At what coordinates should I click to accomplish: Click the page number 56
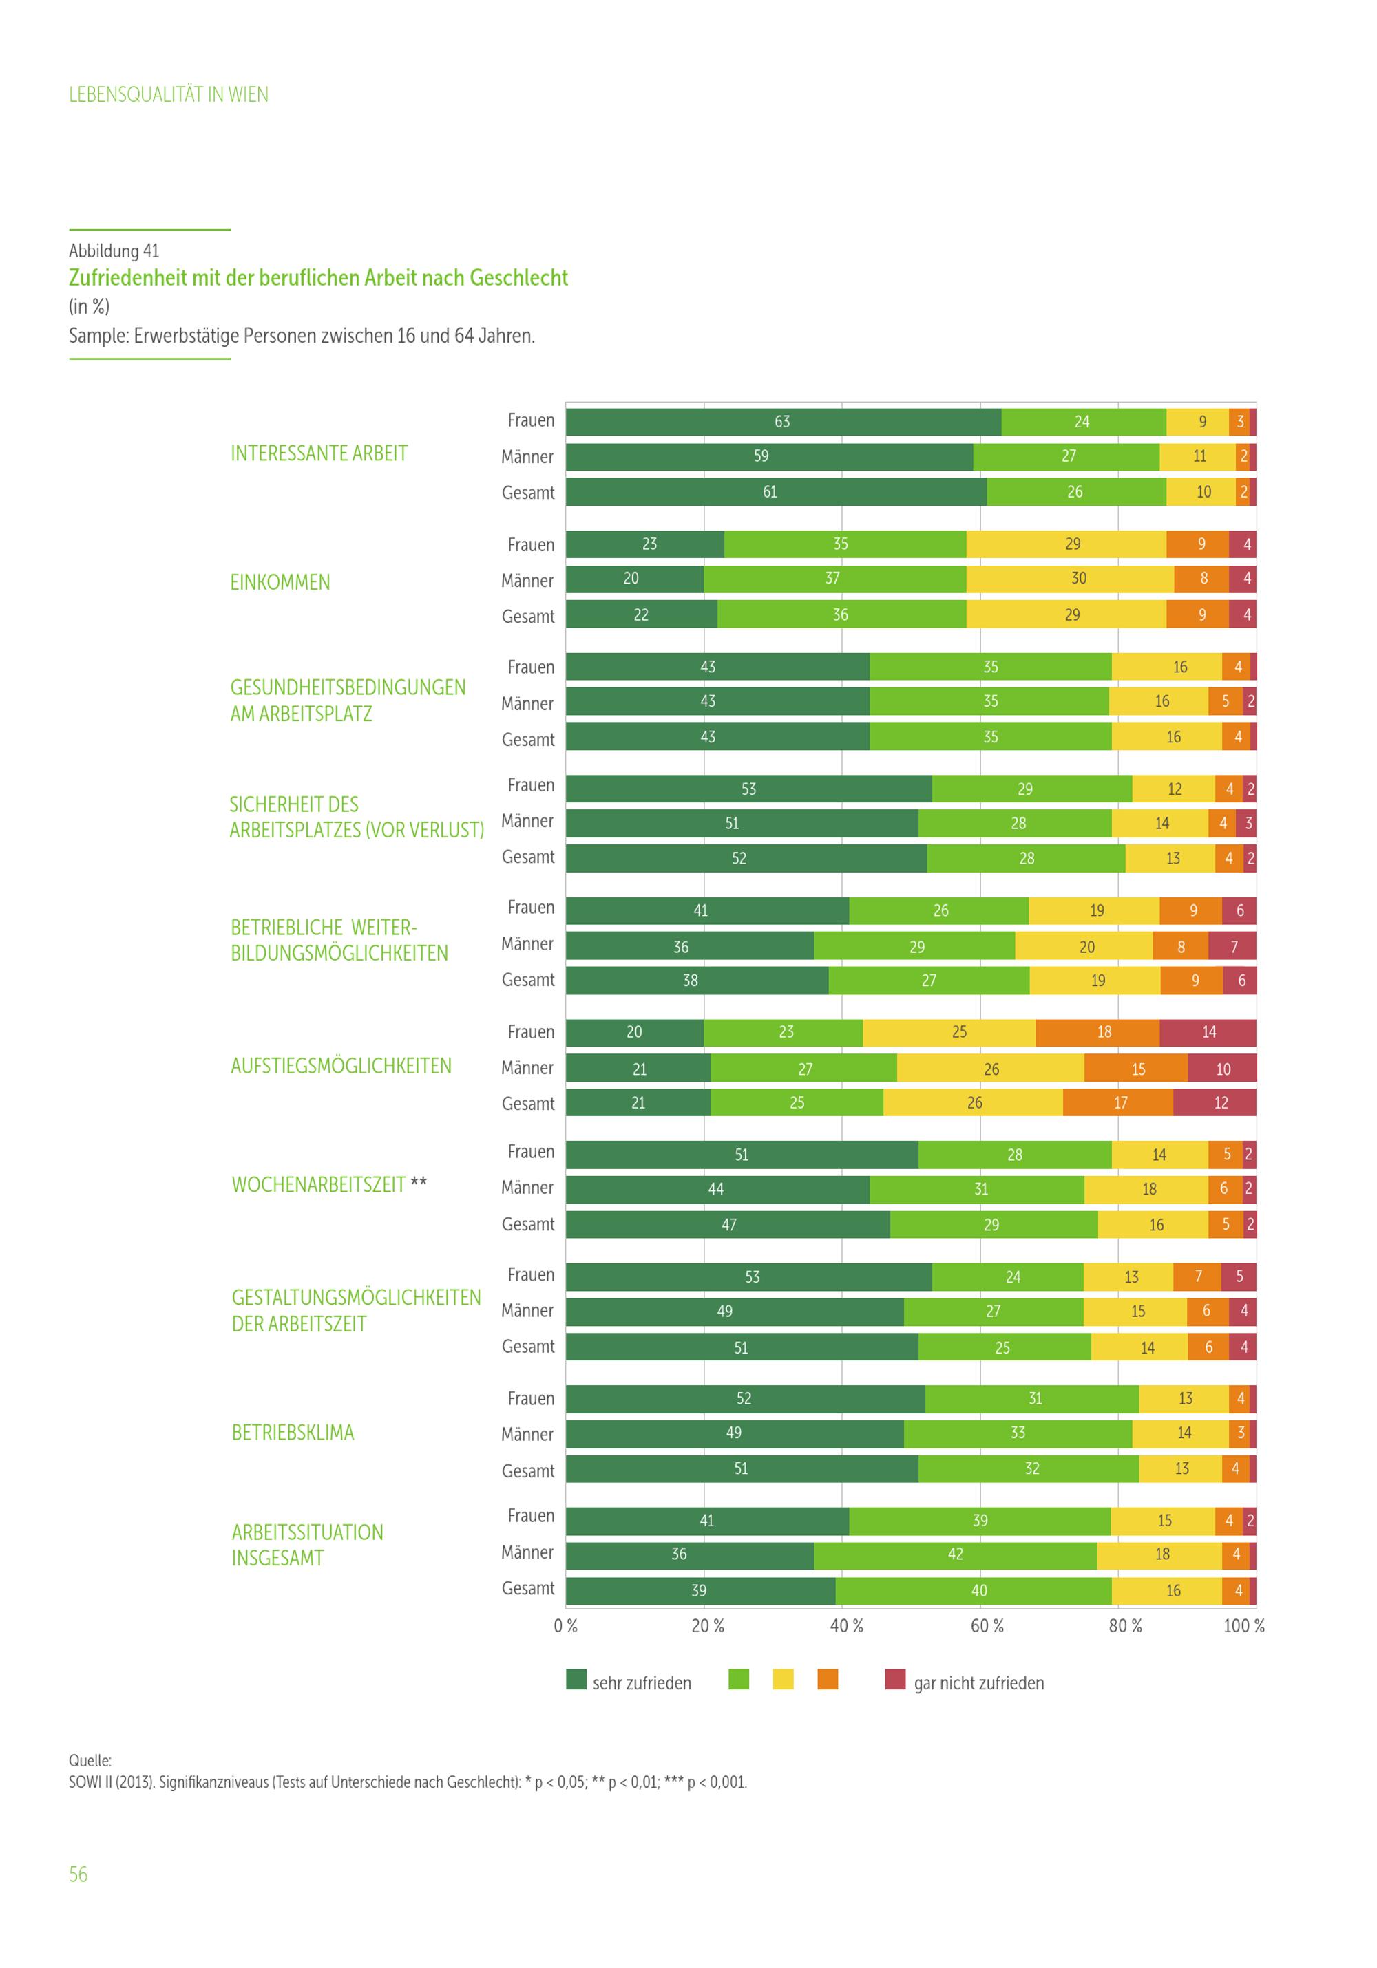[x=78, y=1874]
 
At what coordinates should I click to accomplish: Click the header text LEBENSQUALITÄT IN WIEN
[x=168, y=94]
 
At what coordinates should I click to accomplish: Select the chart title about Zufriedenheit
[x=318, y=278]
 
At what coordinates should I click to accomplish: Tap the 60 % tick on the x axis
[x=986, y=1625]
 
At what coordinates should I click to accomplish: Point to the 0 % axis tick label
[x=566, y=1625]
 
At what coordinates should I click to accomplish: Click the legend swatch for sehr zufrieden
[x=576, y=1679]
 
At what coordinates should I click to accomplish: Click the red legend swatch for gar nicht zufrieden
[x=895, y=1679]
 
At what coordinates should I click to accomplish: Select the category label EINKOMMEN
[x=280, y=582]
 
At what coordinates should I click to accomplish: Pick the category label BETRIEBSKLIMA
[x=293, y=1432]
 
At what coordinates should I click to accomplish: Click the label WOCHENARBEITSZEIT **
[x=328, y=1184]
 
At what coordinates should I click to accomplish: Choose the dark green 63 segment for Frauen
[x=783, y=422]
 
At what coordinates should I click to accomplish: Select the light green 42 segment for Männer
[x=955, y=1554]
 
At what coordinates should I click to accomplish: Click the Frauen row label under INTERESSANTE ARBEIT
[x=531, y=420]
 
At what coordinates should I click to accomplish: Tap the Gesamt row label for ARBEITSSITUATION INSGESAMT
[x=528, y=1588]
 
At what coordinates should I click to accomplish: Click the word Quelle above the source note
[x=90, y=1761]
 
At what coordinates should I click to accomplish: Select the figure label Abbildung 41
[x=114, y=250]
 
